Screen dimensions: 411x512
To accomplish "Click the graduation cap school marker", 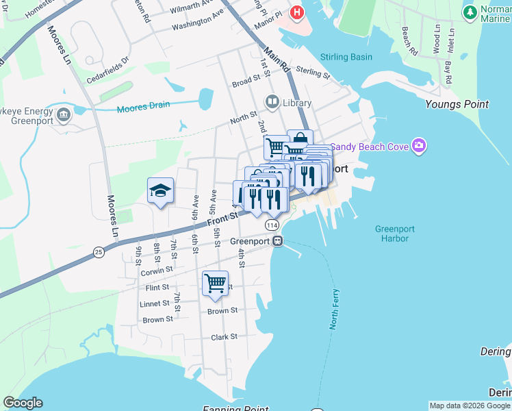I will point(160,190).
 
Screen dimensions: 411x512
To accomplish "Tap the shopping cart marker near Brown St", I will point(216,283).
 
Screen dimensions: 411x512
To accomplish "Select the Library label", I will point(296,103).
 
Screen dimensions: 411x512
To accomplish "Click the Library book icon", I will point(272,102).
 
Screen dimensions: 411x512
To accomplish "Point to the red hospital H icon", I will point(296,12).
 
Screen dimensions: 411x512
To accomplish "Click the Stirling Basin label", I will point(347,58).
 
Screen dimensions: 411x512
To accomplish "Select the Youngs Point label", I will point(457,105).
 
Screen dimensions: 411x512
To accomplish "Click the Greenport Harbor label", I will point(392,234).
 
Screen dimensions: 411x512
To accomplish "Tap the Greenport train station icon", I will point(278,241).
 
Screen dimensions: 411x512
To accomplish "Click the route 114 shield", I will point(272,225).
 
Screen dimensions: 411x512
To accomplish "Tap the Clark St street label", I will point(224,337).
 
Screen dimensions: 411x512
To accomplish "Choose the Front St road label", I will point(222,218).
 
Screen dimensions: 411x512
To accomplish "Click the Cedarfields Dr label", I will point(107,70).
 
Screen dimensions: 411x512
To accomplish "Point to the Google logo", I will point(23,403).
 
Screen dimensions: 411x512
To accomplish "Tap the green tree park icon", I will point(470,12).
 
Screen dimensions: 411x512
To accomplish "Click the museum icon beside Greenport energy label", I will point(64,113).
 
